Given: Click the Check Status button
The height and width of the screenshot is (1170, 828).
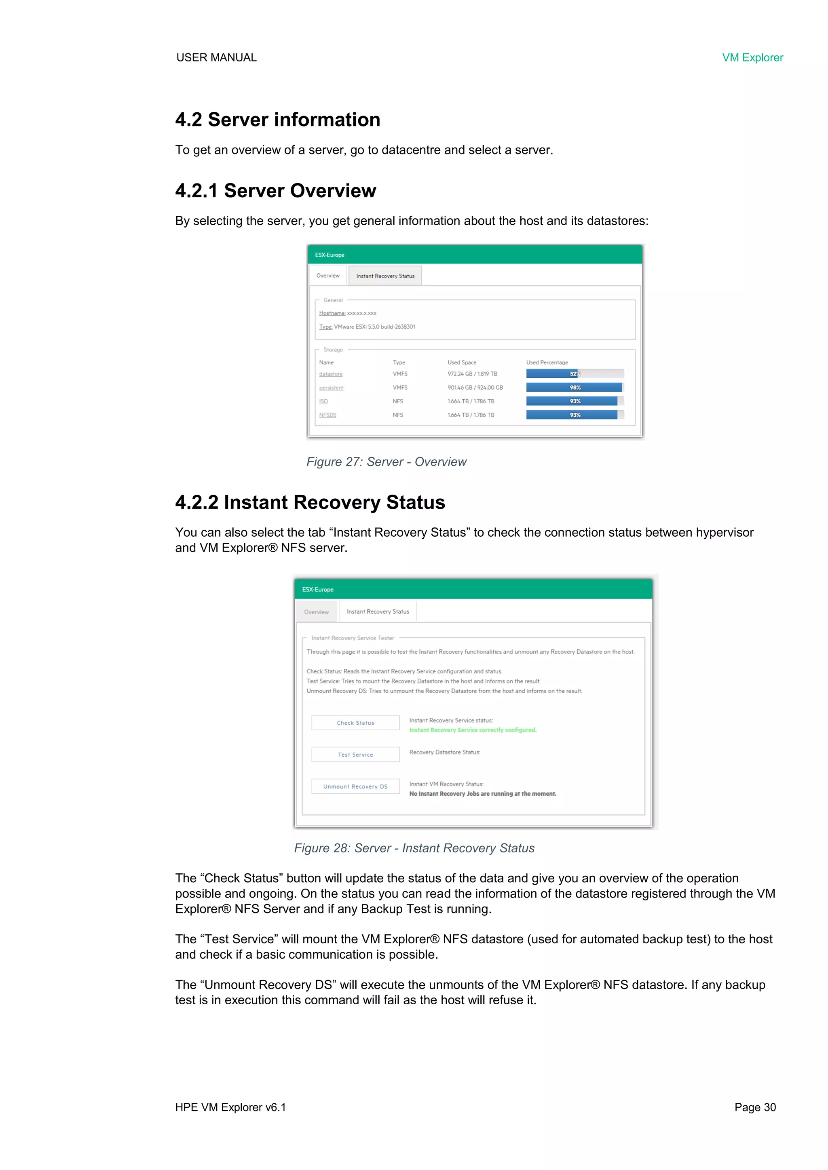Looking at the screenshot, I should pos(355,723).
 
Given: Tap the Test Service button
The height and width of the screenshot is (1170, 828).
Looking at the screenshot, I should pos(355,755).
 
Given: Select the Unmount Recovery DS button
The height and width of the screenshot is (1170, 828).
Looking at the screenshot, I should pos(355,786).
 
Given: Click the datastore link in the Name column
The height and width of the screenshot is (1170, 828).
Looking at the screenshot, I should pos(331,374).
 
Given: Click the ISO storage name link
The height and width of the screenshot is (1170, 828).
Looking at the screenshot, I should pos(323,402).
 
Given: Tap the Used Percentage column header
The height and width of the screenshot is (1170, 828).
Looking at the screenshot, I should pos(547,362).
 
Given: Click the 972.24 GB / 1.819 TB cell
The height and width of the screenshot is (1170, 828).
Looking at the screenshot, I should pos(472,374).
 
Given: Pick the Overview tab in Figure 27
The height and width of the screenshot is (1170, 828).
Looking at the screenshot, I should pos(328,276).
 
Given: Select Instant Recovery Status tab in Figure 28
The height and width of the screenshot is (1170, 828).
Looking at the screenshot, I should pos(378,611).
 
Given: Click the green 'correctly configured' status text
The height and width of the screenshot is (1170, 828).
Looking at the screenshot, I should pos(473,730).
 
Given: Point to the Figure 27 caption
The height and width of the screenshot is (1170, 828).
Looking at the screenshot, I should pos(386,462).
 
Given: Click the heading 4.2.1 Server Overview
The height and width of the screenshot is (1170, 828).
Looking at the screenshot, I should pos(275,191).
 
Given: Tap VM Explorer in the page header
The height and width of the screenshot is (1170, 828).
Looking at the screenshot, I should pos(752,57).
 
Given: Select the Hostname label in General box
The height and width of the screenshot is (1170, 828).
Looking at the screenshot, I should pos(332,313).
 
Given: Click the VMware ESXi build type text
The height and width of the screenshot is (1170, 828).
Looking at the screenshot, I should pos(374,327).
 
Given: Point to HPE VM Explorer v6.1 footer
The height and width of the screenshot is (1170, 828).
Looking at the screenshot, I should pos(230,1107).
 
